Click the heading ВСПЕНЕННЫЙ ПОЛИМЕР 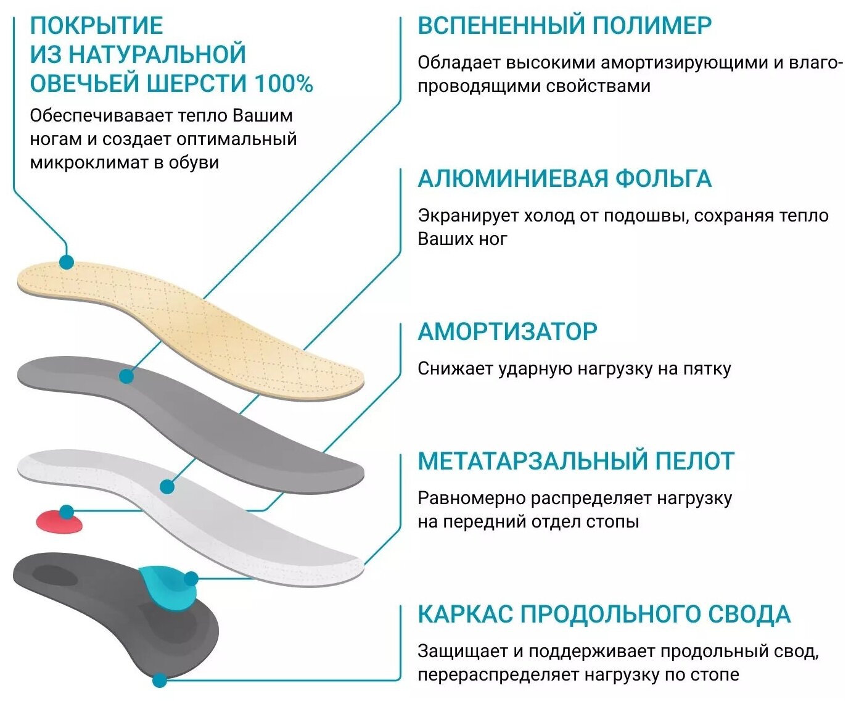click(x=564, y=25)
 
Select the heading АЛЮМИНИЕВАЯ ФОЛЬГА click(x=564, y=178)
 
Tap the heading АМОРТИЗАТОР click(x=508, y=332)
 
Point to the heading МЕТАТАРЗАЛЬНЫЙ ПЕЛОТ click(x=576, y=461)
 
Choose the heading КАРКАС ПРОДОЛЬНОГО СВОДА click(x=604, y=615)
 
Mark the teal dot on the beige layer click(x=67, y=262)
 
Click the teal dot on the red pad click(x=67, y=511)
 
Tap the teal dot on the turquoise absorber click(x=191, y=579)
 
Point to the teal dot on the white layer click(x=166, y=487)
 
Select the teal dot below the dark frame click(x=160, y=681)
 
